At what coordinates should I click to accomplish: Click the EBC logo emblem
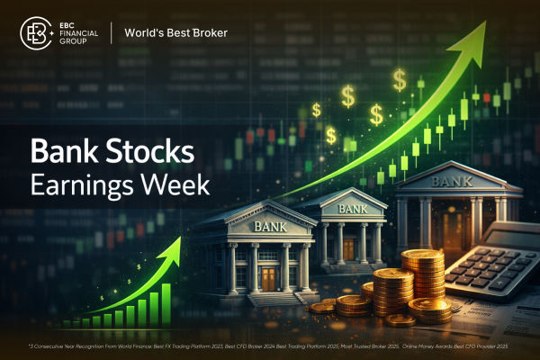(x=36, y=34)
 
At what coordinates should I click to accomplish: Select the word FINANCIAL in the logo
(x=76, y=34)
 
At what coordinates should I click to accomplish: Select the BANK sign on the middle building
(x=350, y=209)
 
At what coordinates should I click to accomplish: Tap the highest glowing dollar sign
(x=399, y=79)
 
